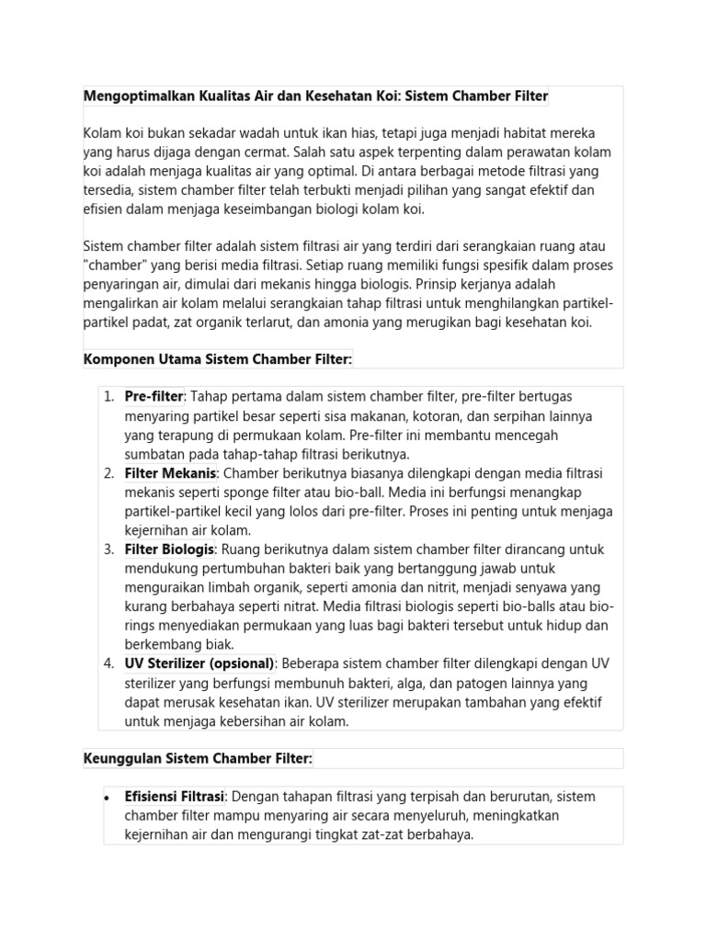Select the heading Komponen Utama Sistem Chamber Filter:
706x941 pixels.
click(218, 358)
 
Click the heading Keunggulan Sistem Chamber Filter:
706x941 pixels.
click(198, 758)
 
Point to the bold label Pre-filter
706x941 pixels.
click(154, 396)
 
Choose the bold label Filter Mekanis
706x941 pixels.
click(170, 472)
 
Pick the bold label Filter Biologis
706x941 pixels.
click(169, 549)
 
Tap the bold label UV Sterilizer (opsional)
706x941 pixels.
click(199, 663)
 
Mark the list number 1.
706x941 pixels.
click(108, 396)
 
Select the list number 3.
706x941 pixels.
click(108, 549)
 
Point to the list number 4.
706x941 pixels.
click(108, 663)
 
